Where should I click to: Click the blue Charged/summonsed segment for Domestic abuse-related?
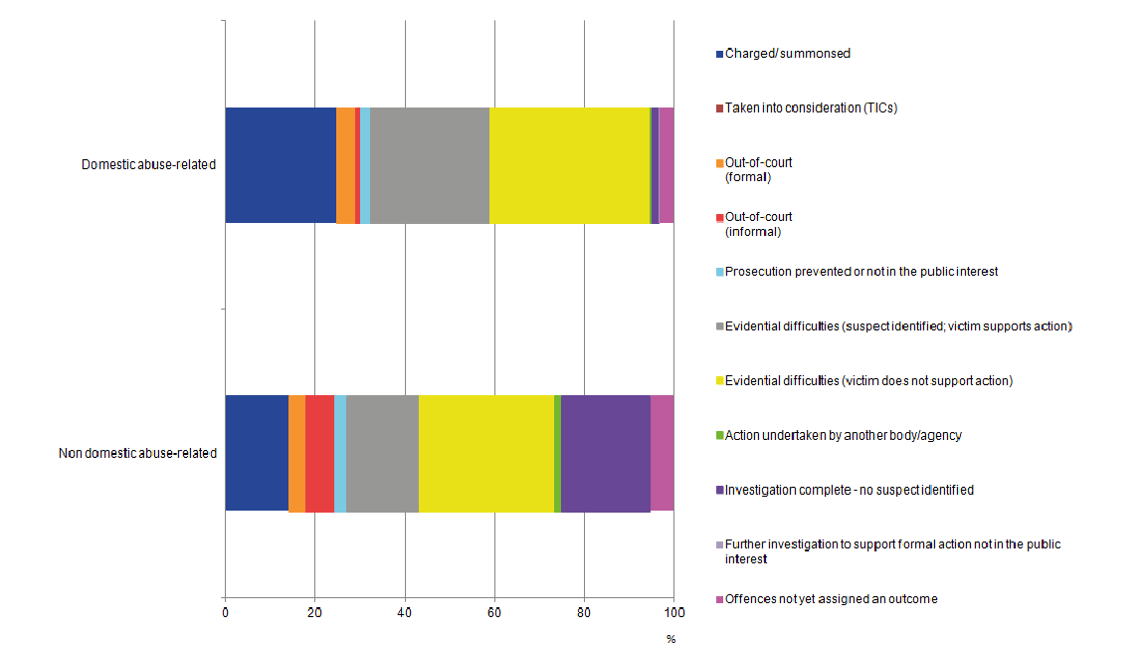(280, 165)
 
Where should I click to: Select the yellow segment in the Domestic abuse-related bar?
(569, 165)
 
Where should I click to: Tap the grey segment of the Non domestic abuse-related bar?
(382, 453)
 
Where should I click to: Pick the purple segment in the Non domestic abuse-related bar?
(605, 453)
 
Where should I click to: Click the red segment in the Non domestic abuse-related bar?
(319, 453)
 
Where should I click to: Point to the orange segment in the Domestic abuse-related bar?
(345, 165)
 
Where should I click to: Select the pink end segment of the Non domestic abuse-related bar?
(663, 453)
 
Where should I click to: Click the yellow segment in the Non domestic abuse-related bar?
(485, 453)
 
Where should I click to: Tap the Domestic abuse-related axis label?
(148, 165)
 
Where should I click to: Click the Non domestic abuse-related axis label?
(137, 453)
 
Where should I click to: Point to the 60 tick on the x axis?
(494, 611)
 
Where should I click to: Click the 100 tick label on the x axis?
(673, 611)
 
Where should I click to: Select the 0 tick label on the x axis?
(225, 611)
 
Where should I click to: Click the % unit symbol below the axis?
(670, 639)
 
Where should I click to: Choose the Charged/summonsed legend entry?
(787, 54)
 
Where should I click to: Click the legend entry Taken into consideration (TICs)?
(811, 107)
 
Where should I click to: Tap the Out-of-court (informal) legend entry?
(758, 224)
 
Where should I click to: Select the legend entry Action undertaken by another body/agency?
(843, 435)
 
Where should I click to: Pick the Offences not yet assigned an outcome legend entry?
(831, 599)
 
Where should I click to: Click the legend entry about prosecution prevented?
(860, 272)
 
